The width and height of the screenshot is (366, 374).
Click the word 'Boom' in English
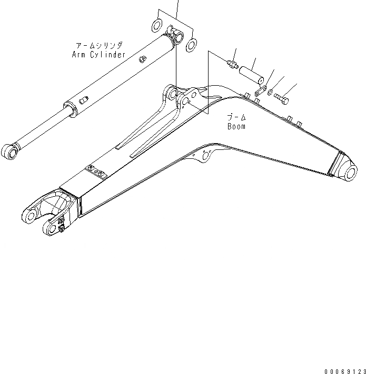tap(236, 127)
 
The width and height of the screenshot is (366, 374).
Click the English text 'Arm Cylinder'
tap(99, 54)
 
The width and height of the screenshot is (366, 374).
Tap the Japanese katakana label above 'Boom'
tap(234, 116)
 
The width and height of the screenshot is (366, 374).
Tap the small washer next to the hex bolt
tap(270, 94)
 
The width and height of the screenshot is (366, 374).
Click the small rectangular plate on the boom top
tap(96, 171)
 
